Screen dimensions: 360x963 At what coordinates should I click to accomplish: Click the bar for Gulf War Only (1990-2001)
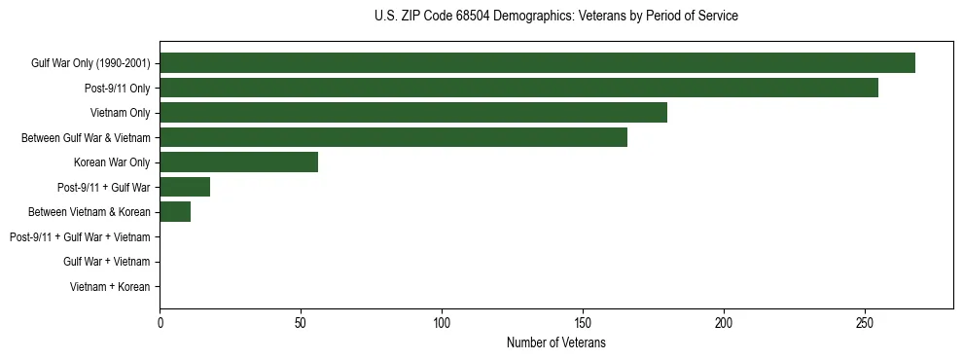(537, 63)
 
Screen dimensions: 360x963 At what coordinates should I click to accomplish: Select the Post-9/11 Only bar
(518, 88)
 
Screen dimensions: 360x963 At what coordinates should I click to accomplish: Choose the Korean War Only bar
(238, 162)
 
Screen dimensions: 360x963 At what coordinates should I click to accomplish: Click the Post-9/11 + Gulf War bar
(185, 187)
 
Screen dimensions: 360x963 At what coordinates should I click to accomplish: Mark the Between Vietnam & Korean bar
(175, 212)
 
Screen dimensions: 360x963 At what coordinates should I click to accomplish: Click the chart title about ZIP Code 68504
(555, 17)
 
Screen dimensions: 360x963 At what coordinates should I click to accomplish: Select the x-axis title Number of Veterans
(555, 343)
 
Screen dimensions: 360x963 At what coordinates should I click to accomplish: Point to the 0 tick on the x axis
(160, 322)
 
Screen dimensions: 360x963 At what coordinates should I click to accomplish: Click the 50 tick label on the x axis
(302, 322)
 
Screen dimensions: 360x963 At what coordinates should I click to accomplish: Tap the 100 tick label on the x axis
(442, 322)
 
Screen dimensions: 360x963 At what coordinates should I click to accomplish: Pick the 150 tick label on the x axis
(583, 322)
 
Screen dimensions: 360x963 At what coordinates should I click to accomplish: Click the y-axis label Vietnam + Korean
(110, 287)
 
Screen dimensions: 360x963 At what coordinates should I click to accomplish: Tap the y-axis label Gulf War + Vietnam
(106, 262)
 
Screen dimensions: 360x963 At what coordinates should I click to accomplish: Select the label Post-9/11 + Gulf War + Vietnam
(80, 237)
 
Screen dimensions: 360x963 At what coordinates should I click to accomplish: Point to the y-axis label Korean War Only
(112, 162)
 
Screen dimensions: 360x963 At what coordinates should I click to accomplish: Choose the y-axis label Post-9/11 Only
(117, 89)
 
